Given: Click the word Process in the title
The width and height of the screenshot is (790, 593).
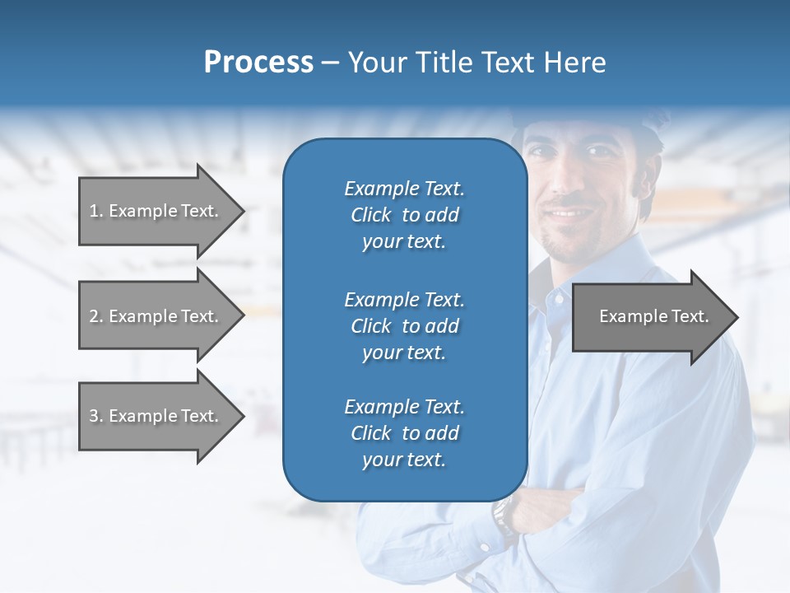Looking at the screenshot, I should [258, 63].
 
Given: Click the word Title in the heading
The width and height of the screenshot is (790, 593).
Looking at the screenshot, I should [444, 63].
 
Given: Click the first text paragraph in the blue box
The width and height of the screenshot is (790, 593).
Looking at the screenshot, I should [404, 215].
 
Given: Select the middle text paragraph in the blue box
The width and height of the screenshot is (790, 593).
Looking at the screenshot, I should [404, 326].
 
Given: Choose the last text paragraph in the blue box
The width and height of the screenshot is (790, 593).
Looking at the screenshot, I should [404, 433].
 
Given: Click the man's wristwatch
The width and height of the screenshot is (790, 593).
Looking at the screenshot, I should [503, 516].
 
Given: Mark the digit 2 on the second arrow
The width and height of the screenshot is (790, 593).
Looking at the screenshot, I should [93, 316].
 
